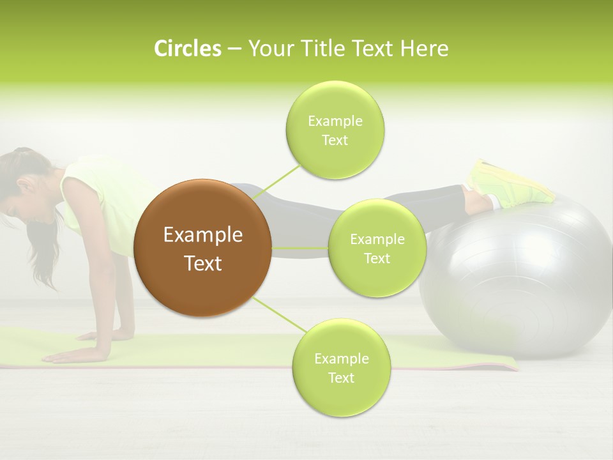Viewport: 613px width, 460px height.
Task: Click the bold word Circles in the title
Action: pyautogui.click(x=187, y=49)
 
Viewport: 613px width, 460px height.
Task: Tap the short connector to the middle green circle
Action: pyautogui.click(x=300, y=248)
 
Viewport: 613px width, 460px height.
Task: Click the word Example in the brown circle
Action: pyautogui.click(x=203, y=235)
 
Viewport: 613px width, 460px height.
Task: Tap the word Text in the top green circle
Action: pyautogui.click(x=335, y=141)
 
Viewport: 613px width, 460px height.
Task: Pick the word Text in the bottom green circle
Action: pyautogui.click(x=341, y=378)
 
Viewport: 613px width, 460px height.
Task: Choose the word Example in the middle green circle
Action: pyautogui.click(x=377, y=240)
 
